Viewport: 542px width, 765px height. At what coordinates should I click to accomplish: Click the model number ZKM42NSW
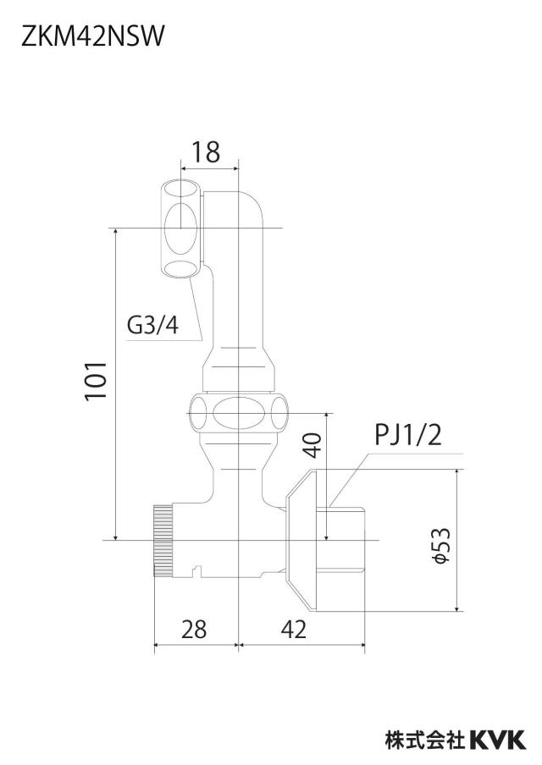[92, 36]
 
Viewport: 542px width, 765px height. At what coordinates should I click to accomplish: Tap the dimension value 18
[205, 151]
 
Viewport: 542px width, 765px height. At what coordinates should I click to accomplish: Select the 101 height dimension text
[96, 381]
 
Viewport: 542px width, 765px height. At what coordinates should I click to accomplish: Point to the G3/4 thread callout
[152, 325]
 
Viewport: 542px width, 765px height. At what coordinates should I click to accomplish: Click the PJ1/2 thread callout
[407, 435]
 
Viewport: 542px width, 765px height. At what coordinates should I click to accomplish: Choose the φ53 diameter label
[442, 546]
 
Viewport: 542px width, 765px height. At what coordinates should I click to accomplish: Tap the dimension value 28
[194, 629]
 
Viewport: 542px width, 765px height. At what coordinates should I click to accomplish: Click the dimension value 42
[294, 629]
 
